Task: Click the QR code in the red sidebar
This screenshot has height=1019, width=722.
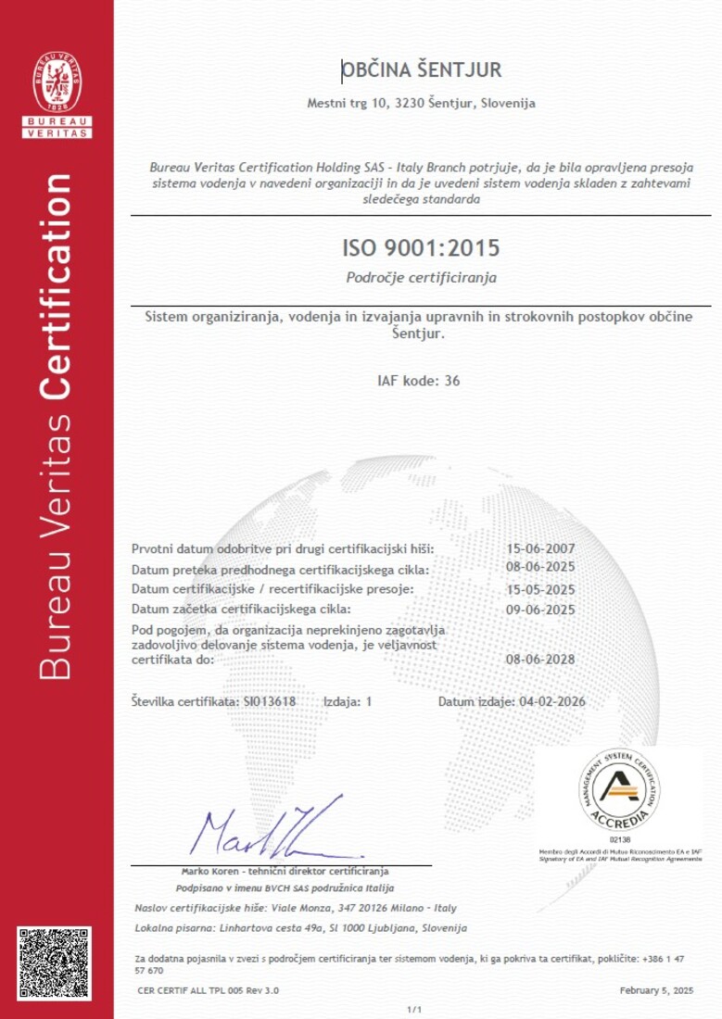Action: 55,963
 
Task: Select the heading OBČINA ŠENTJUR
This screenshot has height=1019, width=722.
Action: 422,70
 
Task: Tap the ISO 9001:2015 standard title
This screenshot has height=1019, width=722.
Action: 421,248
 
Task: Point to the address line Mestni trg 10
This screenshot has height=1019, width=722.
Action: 421,104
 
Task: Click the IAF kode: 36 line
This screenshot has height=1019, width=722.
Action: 419,381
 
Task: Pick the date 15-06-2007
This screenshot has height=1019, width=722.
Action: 541,548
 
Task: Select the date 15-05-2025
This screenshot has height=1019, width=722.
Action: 541,589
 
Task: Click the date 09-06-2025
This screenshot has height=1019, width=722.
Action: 541,610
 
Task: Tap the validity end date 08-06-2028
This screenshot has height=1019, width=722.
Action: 541,660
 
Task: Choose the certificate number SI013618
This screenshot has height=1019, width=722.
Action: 269,701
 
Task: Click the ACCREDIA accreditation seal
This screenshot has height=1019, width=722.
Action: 620,790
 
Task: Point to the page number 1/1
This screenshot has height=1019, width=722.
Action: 414,1009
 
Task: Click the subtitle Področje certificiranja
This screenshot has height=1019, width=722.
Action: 421,277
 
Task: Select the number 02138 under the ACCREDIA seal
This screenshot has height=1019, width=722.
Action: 620,838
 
